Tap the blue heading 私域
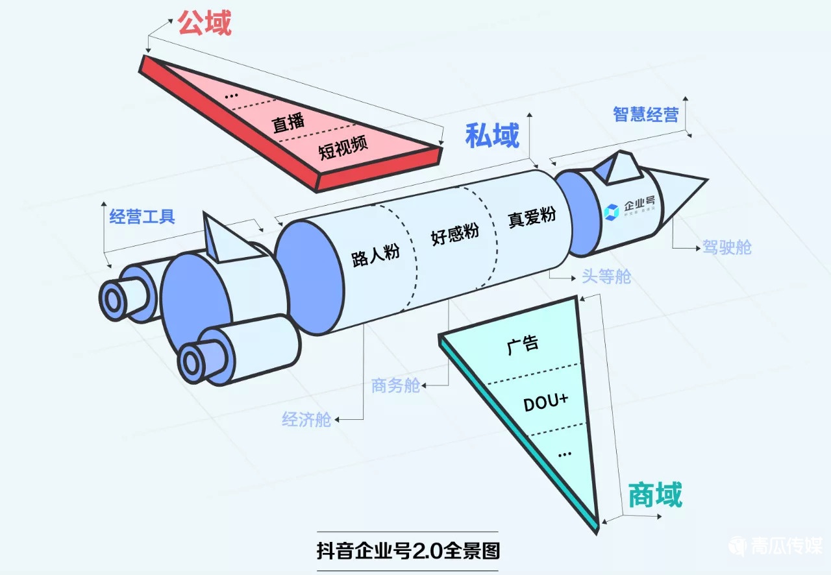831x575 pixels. tap(492, 136)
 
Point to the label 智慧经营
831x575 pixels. tap(646, 114)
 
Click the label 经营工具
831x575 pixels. tap(142, 216)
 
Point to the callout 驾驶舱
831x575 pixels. tap(726, 247)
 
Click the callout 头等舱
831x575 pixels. tap(606, 277)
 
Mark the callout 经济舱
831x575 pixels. tap(306, 419)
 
